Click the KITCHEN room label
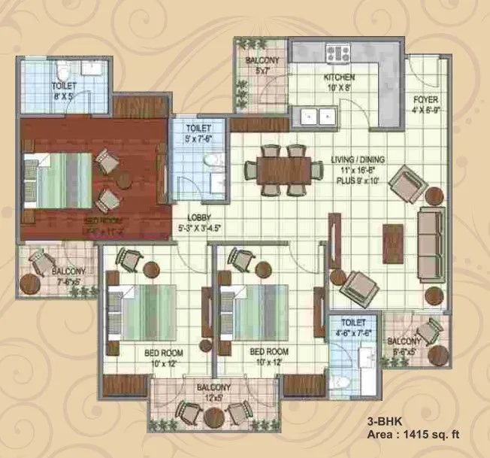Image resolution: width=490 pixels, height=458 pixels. [x=339, y=77]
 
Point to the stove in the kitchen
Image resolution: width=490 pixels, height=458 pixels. [x=337, y=53]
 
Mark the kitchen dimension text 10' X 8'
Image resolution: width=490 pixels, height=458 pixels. [x=340, y=86]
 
